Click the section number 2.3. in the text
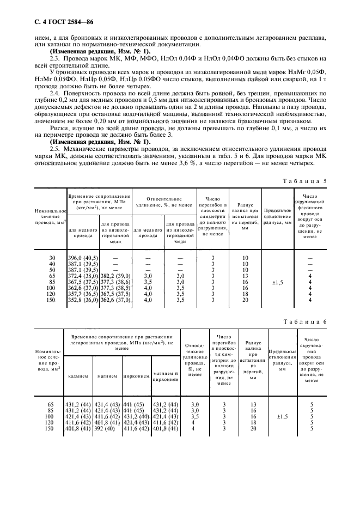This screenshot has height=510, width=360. (x=55, y=58)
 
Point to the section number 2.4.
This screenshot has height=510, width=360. (x=55, y=94)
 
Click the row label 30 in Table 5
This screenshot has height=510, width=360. (x=53, y=257)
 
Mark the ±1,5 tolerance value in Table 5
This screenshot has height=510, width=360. (x=277, y=282)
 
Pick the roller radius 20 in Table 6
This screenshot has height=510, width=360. (x=252, y=429)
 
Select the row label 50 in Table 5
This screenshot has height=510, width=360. (x=53, y=270)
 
